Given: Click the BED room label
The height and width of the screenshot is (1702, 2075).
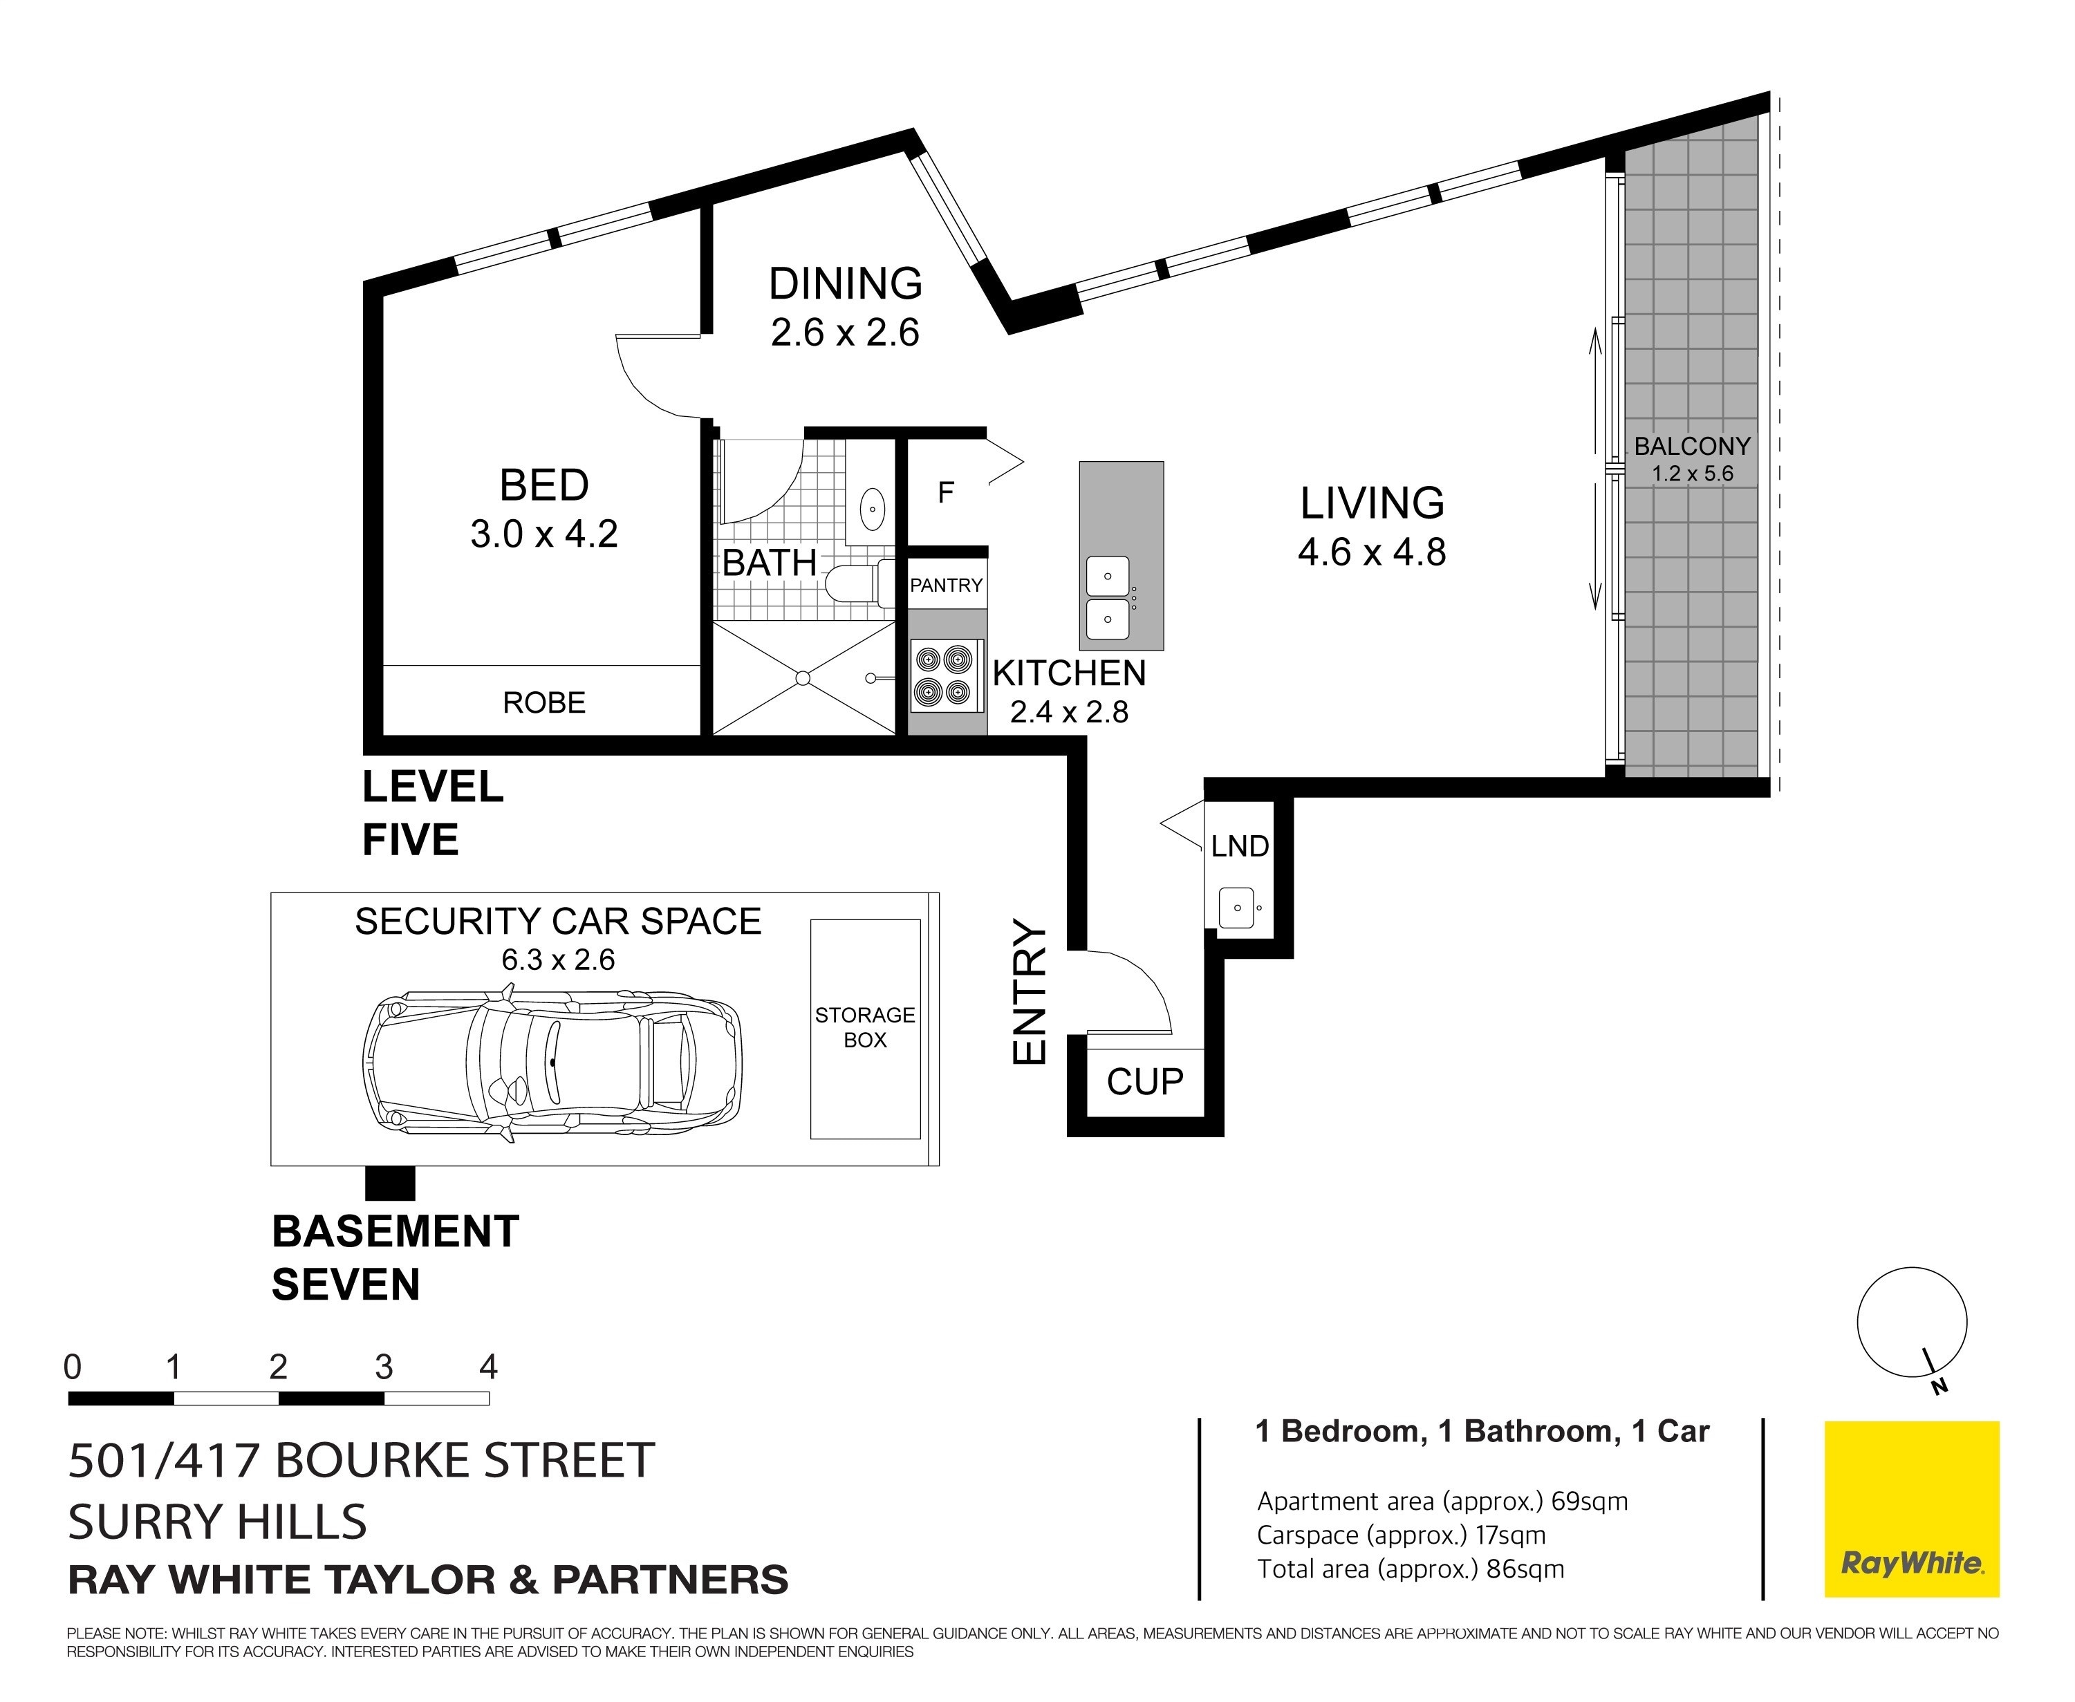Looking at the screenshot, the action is point(544,485).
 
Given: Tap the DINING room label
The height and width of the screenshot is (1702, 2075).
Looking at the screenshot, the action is point(846,284).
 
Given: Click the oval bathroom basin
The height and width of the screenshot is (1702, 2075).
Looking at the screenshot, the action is point(872,509).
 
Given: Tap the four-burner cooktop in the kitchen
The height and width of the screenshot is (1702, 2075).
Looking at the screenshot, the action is point(947,675).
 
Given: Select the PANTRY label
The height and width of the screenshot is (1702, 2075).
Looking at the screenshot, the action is point(947,586).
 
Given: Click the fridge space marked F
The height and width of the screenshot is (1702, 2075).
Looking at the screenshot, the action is point(945,492).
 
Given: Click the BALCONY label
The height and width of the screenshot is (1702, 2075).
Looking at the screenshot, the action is point(1691,446).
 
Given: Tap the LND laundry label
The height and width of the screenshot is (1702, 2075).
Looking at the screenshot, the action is point(1240,846).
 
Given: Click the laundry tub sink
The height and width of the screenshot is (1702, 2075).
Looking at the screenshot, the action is point(1236,907).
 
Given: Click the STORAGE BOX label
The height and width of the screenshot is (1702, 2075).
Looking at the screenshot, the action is point(865,1027).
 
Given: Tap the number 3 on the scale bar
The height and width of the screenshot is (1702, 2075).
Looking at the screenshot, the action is point(384,1367).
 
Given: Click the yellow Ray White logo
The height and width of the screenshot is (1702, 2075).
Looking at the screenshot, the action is point(1911,1509).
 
